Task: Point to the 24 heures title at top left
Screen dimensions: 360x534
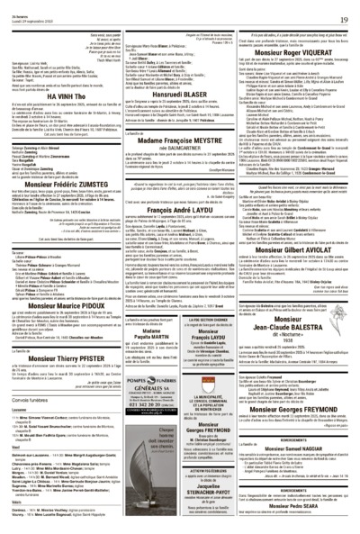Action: tap(18, 6)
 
